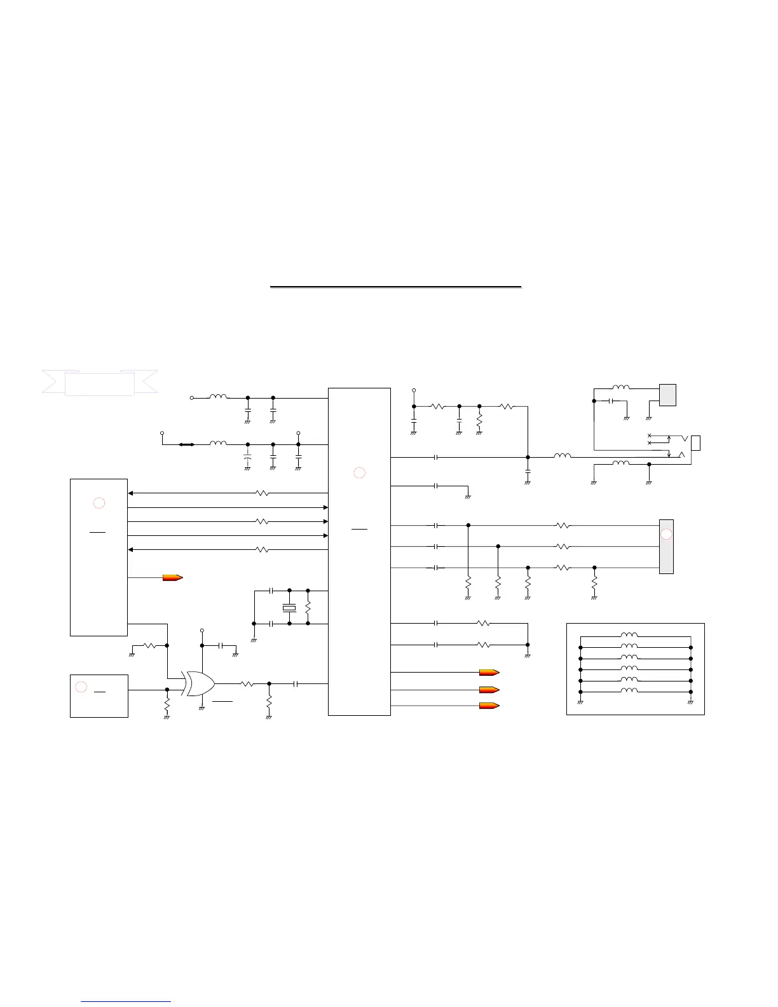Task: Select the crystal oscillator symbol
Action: [289, 608]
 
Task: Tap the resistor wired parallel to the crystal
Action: [308, 608]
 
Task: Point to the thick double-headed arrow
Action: [186, 444]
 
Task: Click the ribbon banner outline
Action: [99, 383]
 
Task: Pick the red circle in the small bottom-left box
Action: [81, 686]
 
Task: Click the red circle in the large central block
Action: [359, 472]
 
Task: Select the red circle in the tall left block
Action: [99, 503]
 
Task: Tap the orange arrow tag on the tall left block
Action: [173, 578]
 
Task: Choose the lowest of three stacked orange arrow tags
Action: [489, 705]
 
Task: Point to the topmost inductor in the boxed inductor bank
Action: [630, 634]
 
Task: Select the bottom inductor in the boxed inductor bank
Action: [630, 690]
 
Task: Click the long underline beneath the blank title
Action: [395, 287]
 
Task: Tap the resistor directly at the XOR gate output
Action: [247, 684]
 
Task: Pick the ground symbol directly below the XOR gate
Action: [201, 706]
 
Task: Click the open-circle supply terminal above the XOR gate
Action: [201, 631]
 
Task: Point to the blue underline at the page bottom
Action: [126, 1001]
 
